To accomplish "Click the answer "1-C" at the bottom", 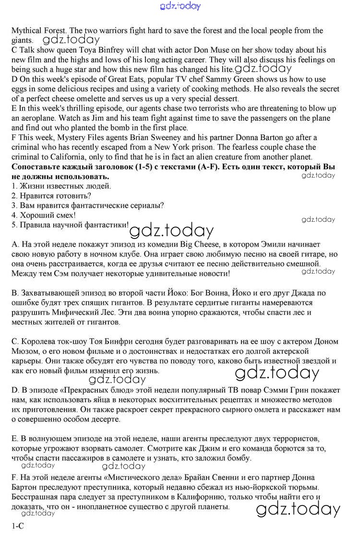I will coord(18,526).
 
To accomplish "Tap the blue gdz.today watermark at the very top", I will coord(180,6).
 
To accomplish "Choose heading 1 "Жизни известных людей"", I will coord(65,186).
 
